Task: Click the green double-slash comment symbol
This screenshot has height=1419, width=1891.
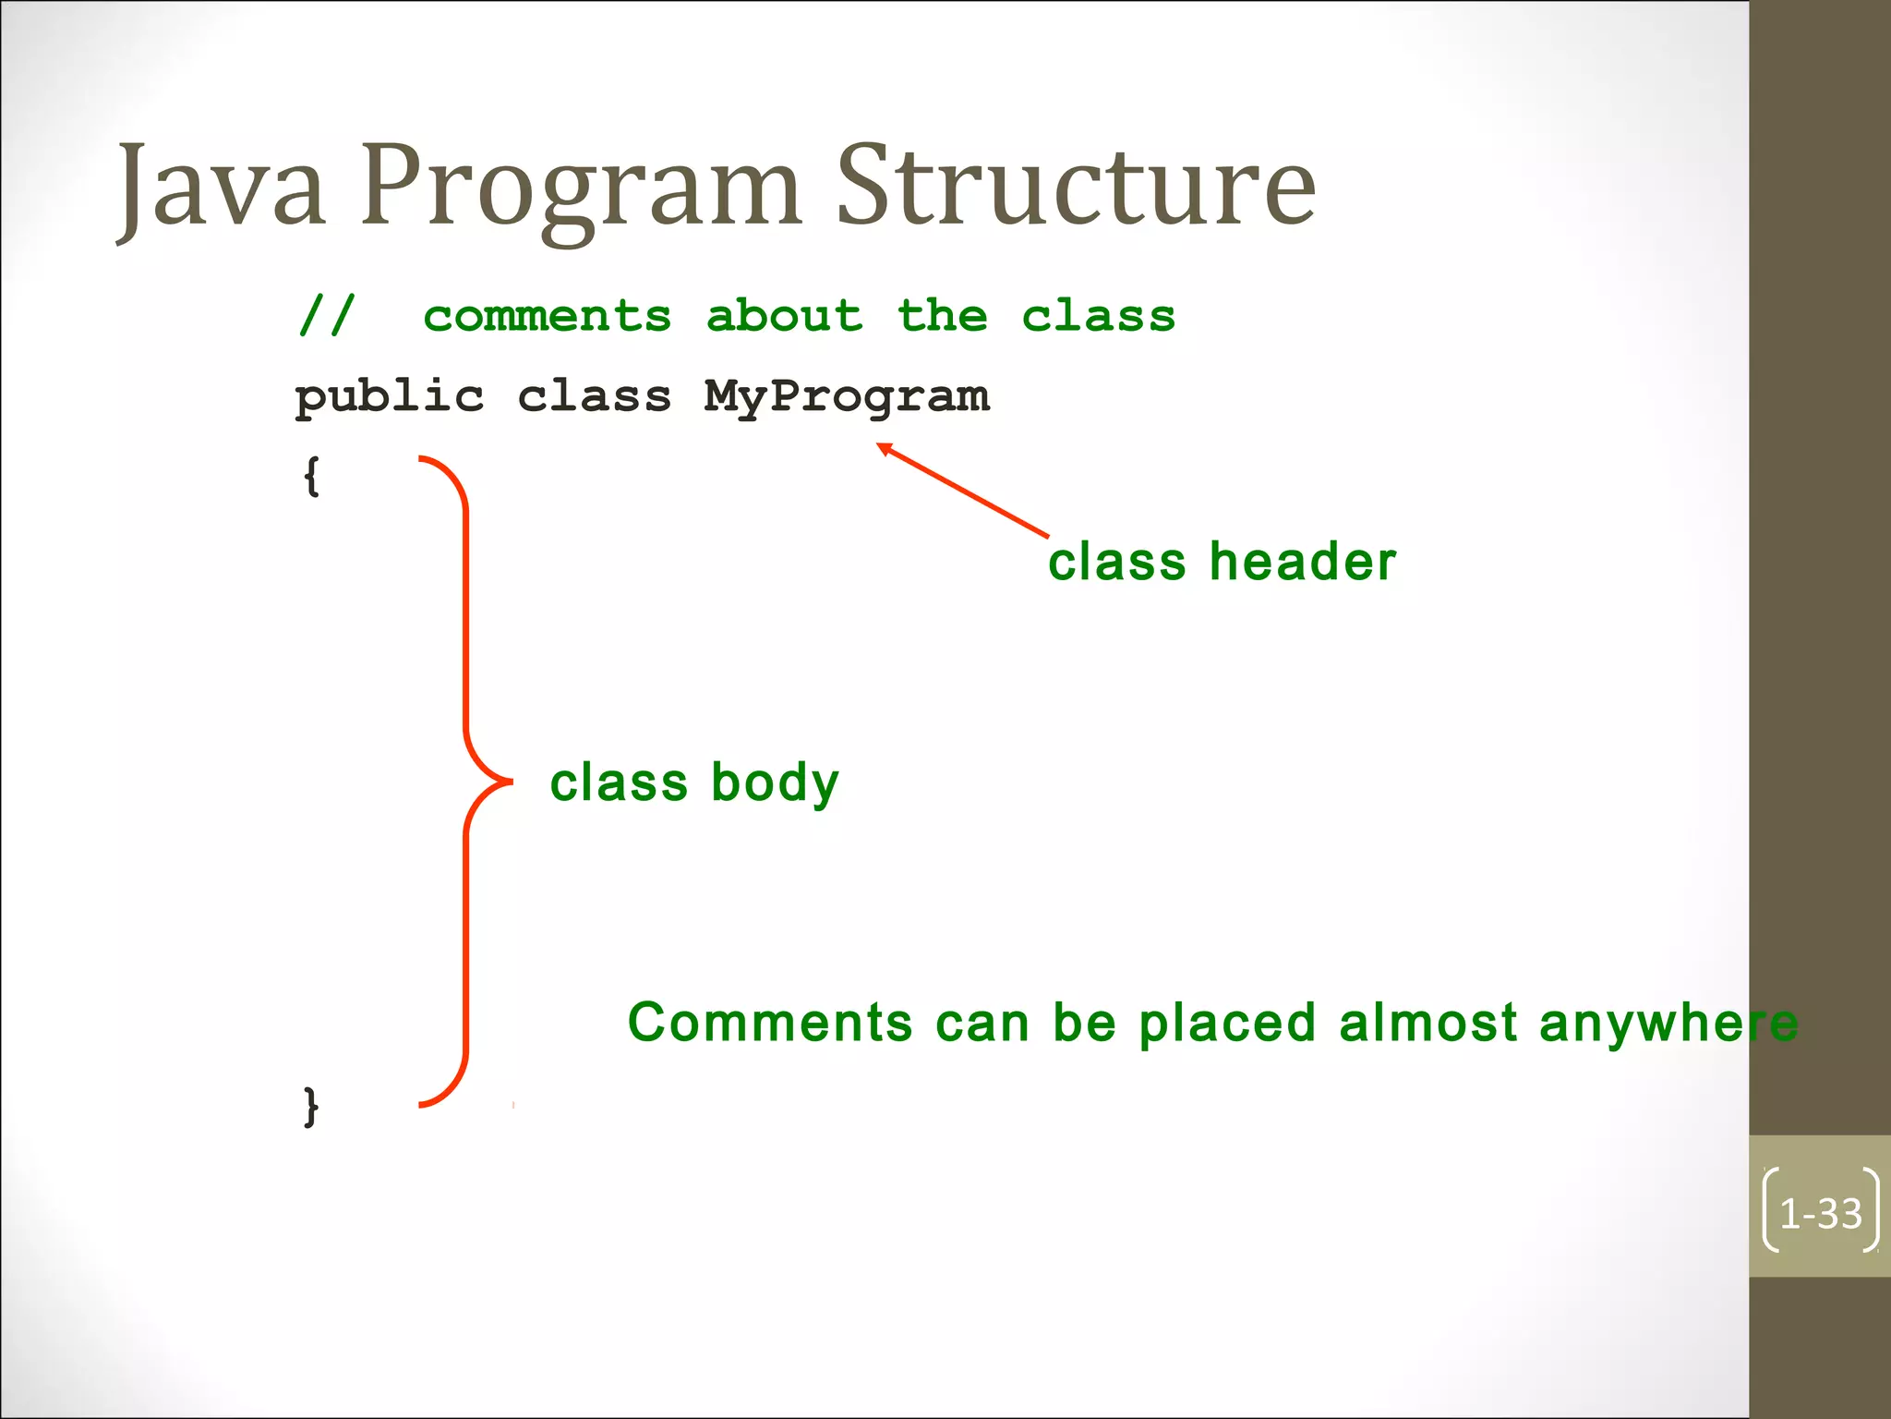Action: tap(327, 316)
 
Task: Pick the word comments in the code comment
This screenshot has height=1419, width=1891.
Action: tap(548, 316)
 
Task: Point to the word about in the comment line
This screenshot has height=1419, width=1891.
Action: tap(785, 316)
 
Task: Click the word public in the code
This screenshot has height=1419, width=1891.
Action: tap(389, 397)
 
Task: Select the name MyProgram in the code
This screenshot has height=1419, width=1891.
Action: tap(846, 397)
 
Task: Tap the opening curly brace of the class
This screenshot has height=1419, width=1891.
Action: tap(312, 477)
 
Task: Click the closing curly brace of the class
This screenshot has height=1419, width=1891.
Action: tap(312, 1105)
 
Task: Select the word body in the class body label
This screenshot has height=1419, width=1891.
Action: tap(775, 783)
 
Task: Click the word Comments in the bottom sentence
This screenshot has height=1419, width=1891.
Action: tap(770, 1023)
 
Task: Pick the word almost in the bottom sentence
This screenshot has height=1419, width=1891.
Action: tap(1427, 1023)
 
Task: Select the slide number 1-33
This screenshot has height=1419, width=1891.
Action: tap(1820, 1214)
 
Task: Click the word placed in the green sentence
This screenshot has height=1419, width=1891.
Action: tap(1226, 1023)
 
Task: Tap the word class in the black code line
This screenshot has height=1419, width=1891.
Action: tap(594, 397)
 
